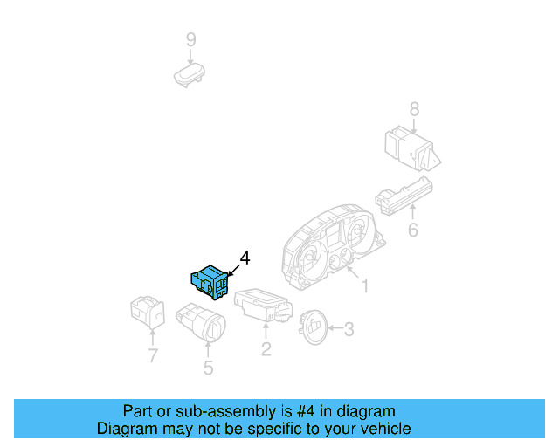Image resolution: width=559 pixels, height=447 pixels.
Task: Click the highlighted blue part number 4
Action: [x=210, y=282]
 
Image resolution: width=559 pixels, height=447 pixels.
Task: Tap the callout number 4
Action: [x=245, y=258]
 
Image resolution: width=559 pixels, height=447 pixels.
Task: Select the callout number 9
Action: [x=191, y=39]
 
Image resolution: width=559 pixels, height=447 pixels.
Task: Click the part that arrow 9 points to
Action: [x=190, y=75]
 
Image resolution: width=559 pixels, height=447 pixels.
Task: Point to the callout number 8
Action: [x=414, y=109]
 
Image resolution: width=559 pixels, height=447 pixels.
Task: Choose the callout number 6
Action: [x=413, y=230]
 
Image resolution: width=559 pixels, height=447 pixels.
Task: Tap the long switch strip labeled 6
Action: [x=404, y=196]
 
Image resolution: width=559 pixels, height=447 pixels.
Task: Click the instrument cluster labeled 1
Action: [x=333, y=248]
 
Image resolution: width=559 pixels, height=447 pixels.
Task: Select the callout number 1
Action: [x=365, y=285]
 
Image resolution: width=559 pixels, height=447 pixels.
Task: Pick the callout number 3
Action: [x=349, y=329]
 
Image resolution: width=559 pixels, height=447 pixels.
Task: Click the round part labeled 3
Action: [x=313, y=327]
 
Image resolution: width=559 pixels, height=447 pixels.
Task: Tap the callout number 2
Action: [x=266, y=349]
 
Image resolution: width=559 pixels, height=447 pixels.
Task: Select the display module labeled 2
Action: [x=264, y=306]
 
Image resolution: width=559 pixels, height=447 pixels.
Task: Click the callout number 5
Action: [x=208, y=368]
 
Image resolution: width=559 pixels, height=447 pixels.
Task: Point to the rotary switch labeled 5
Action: [x=200, y=323]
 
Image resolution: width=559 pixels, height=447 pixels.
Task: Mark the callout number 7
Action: [x=153, y=355]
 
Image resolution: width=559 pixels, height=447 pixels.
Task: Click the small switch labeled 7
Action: [x=148, y=312]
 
